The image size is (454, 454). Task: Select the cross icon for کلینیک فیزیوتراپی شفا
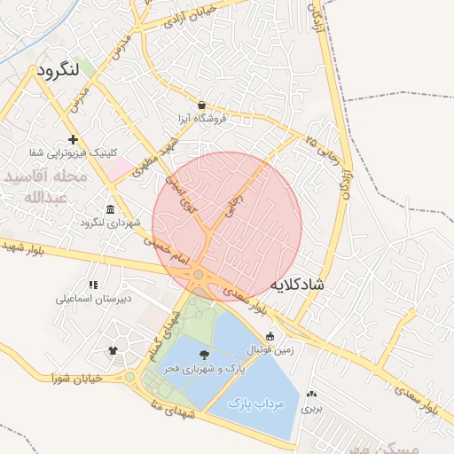click(73, 140)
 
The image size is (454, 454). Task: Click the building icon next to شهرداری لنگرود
click(109, 209)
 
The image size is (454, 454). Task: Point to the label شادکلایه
click(295, 284)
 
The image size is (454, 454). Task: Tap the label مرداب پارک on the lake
click(255, 403)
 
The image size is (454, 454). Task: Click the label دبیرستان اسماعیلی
click(94, 299)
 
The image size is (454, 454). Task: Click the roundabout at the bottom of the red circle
click(199, 277)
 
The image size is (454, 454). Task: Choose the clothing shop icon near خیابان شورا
click(113, 350)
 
